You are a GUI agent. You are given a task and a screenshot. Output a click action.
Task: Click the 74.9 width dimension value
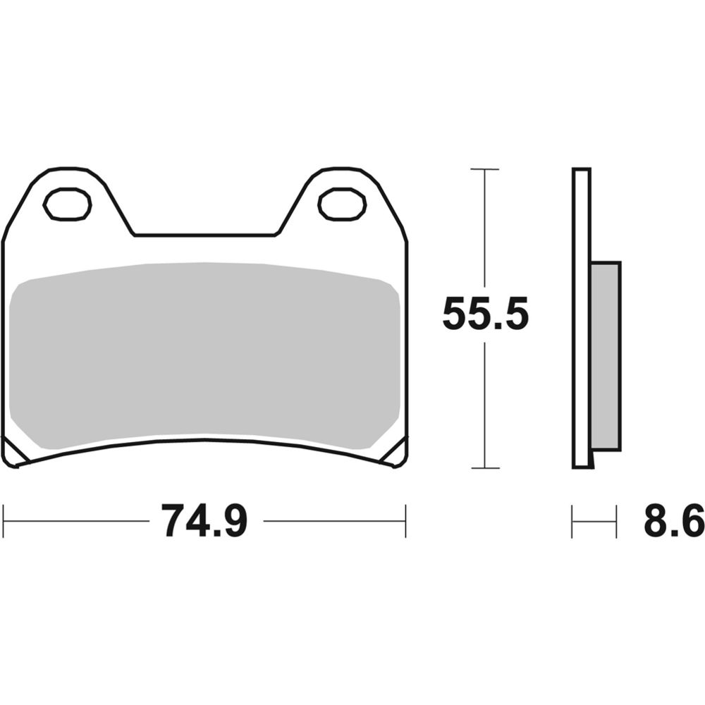click(204, 522)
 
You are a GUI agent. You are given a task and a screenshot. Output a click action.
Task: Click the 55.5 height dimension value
click(485, 314)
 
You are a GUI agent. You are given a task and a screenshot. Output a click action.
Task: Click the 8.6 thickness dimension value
click(673, 522)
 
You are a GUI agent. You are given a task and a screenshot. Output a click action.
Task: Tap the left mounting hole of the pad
click(67, 204)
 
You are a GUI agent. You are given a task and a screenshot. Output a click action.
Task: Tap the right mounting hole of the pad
click(342, 204)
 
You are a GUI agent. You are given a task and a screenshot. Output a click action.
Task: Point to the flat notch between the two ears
click(204, 235)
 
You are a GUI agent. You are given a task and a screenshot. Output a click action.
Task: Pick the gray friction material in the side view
click(605, 356)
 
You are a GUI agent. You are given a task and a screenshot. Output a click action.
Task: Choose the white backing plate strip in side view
click(581, 317)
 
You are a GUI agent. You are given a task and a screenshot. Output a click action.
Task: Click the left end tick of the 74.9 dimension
click(4, 522)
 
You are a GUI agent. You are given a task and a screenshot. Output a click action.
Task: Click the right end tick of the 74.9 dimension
click(405, 522)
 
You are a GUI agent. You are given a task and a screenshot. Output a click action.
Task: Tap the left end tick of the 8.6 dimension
click(572, 522)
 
